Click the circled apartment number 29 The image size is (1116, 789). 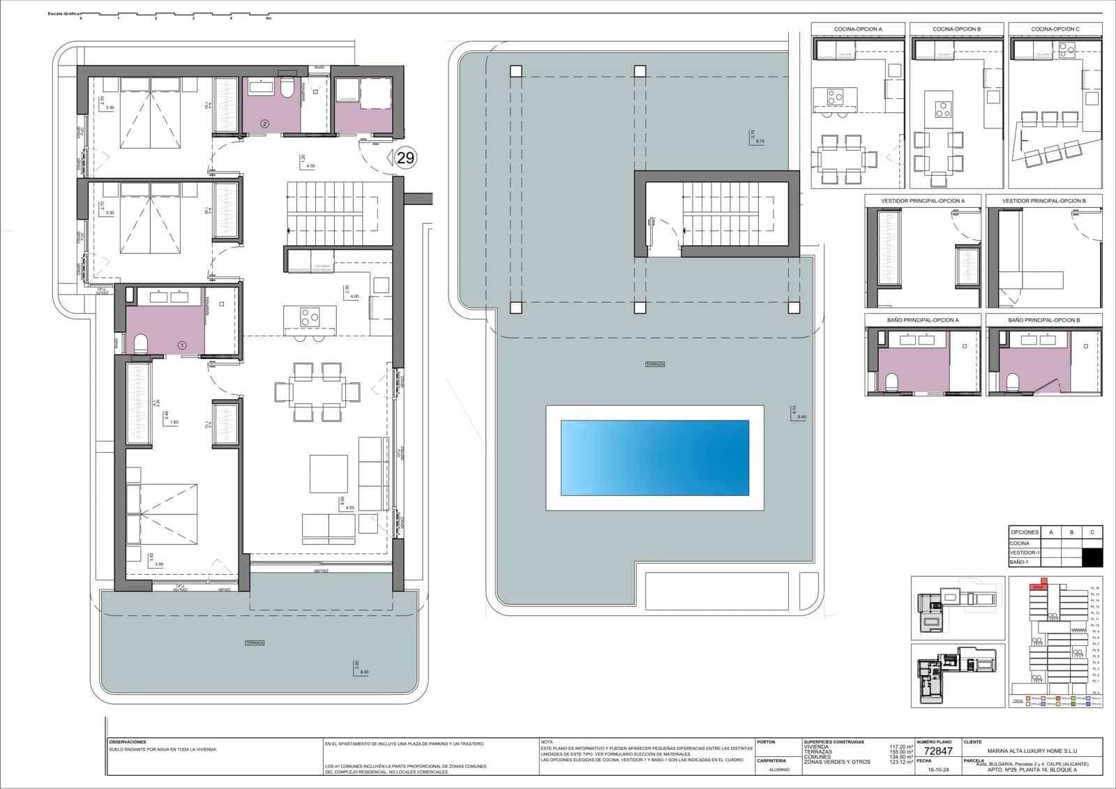point(405,158)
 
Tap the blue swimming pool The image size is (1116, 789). point(654,458)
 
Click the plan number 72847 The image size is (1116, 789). point(937,751)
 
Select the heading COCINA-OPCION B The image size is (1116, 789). point(956,29)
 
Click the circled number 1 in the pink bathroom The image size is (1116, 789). point(183,345)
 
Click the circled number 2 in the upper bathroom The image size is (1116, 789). point(264,123)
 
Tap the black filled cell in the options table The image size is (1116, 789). point(1092,557)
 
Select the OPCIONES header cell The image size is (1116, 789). point(1025,532)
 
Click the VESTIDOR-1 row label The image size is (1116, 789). point(1025,553)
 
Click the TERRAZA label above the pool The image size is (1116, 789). point(654,364)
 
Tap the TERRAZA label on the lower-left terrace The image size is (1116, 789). point(255,643)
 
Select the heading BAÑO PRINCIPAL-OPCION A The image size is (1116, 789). point(923,320)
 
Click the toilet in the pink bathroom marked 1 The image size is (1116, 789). point(141,343)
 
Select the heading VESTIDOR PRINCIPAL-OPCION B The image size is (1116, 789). point(1044,201)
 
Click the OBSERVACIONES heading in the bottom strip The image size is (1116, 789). point(128,742)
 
